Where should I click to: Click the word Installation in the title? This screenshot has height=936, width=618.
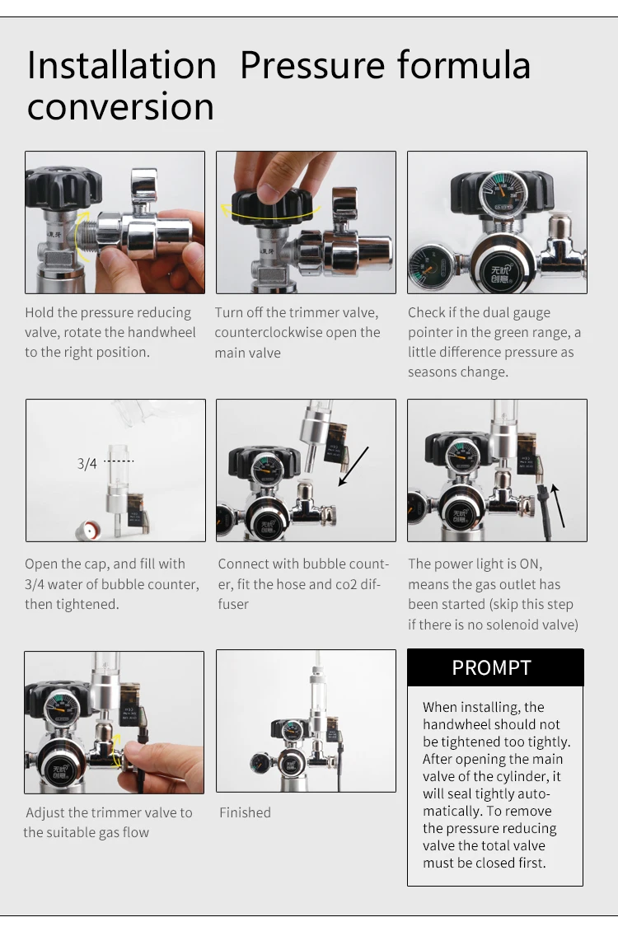(122, 66)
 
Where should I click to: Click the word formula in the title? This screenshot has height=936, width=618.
(462, 66)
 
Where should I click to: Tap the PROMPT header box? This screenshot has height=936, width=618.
(495, 667)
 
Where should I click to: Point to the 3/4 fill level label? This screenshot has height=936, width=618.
(87, 464)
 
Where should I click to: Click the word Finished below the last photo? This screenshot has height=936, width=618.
(245, 812)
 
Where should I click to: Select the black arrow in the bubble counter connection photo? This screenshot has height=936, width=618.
(353, 466)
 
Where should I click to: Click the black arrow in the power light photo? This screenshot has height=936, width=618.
(558, 504)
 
